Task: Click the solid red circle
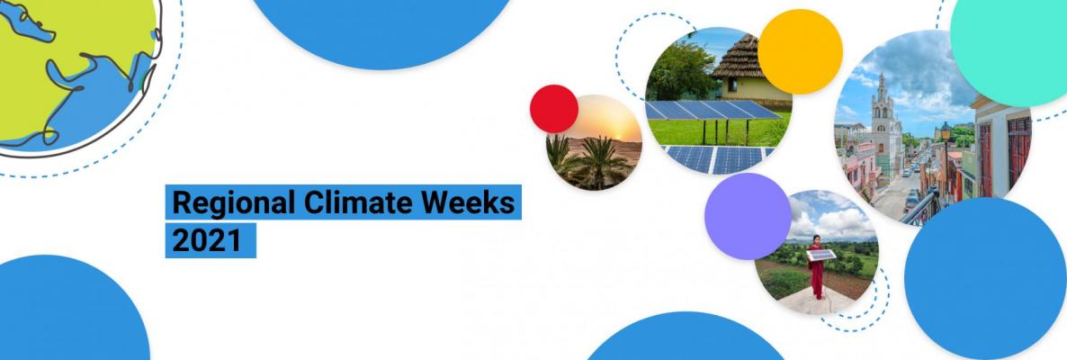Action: coord(554,108)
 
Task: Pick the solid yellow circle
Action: coord(800,51)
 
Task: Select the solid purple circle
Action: coord(748,217)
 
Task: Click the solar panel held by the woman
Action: coord(820,256)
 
